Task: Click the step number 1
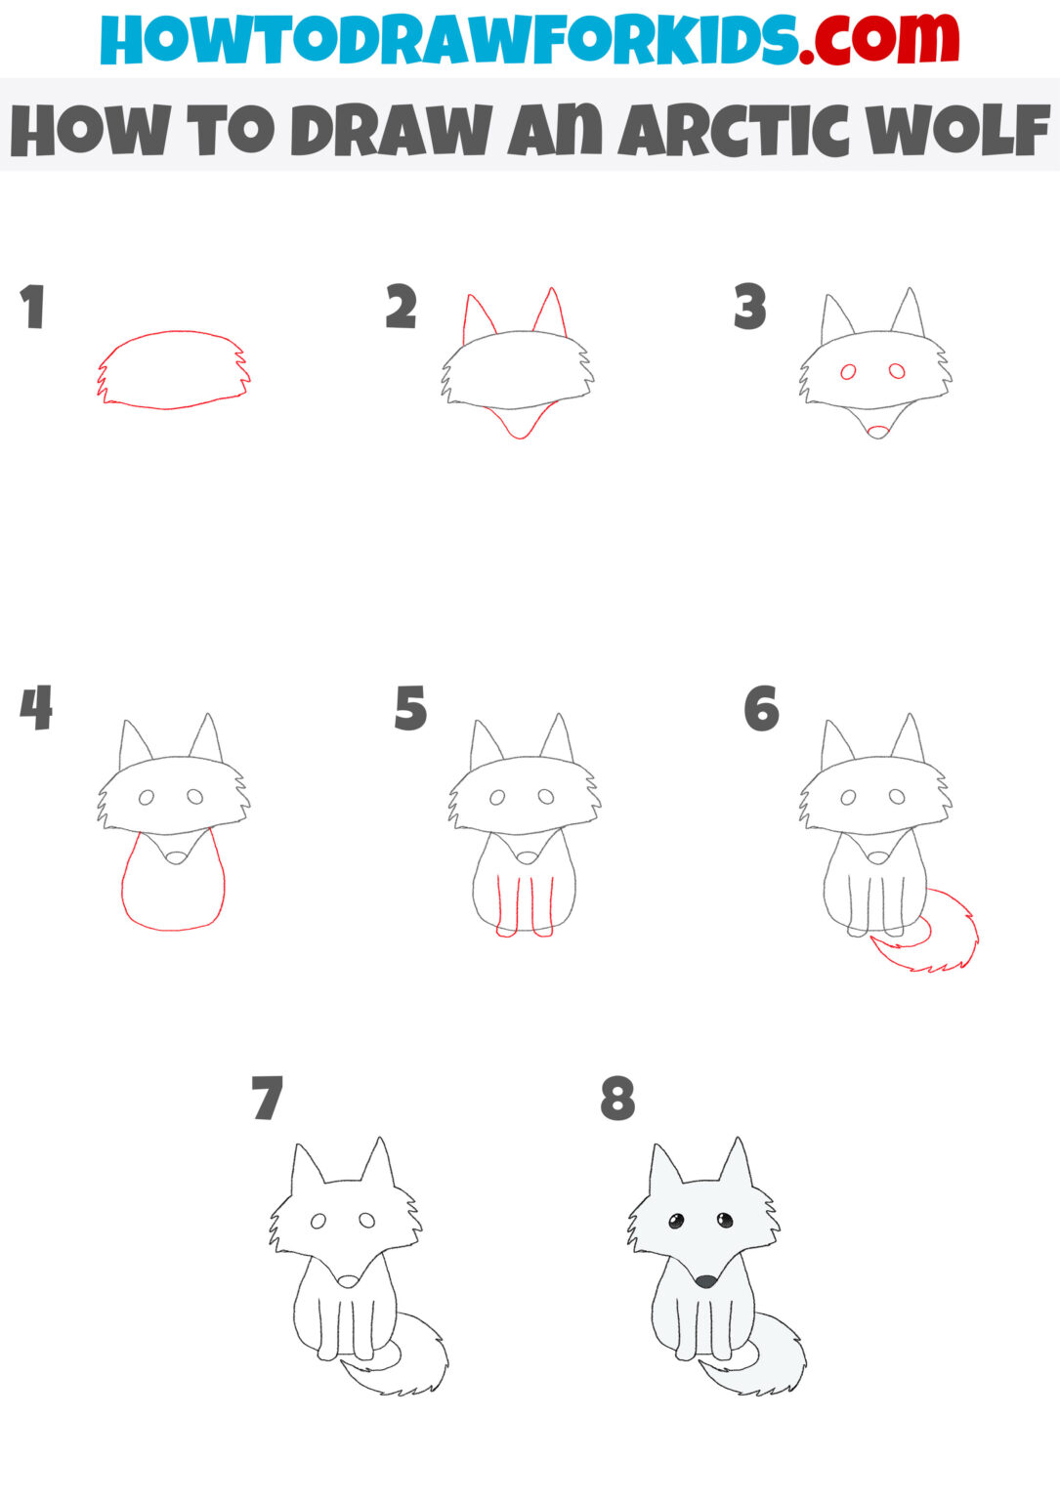point(33,307)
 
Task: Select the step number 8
point(617,1099)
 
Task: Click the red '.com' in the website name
point(878,39)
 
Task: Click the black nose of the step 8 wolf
point(705,1280)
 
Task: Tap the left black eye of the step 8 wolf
point(675,1221)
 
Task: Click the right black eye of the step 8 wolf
point(724,1220)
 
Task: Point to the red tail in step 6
point(938,942)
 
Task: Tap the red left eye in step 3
point(848,372)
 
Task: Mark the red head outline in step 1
point(172,333)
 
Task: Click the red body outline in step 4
point(172,898)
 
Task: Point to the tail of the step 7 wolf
point(410,1357)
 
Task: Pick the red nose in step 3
point(877,431)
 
